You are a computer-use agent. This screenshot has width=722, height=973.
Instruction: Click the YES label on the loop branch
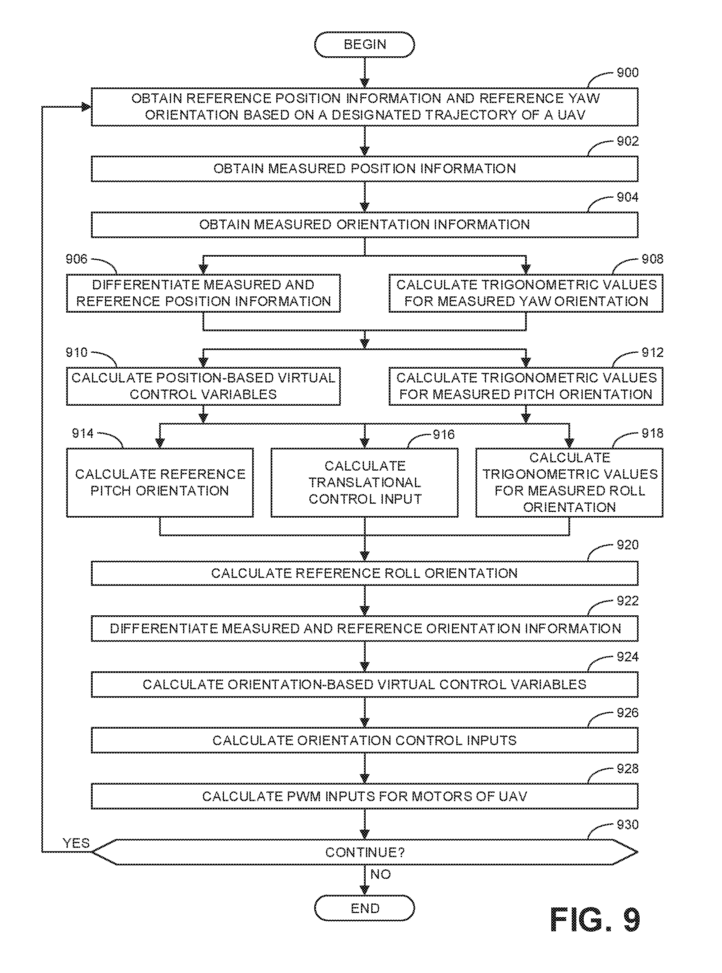coord(76,843)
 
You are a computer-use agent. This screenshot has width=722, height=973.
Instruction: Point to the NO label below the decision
coord(380,874)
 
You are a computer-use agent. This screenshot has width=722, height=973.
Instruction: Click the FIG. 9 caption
coord(594,920)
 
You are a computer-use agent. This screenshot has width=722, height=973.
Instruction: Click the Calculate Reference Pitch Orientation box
coord(159,482)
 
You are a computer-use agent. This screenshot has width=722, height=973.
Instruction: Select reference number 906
coord(76,259)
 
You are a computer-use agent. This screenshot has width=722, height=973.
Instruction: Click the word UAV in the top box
coord(571,115)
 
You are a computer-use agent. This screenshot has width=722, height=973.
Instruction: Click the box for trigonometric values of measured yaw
coord(526,293)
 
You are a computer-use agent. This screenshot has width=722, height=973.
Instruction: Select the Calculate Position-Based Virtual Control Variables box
coord(203,386)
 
